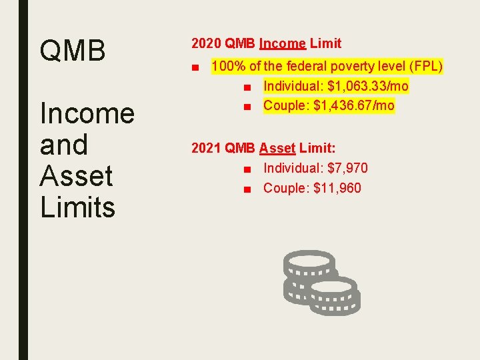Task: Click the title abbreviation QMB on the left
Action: [73, 51]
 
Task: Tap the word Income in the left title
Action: [87, 113]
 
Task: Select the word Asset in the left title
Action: [76, 176]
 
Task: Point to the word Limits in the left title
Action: [77, 207]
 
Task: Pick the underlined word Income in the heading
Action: [283, 44]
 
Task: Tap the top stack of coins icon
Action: [309, 264]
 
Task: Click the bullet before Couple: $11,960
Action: [247, 189]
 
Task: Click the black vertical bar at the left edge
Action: [23, 180]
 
